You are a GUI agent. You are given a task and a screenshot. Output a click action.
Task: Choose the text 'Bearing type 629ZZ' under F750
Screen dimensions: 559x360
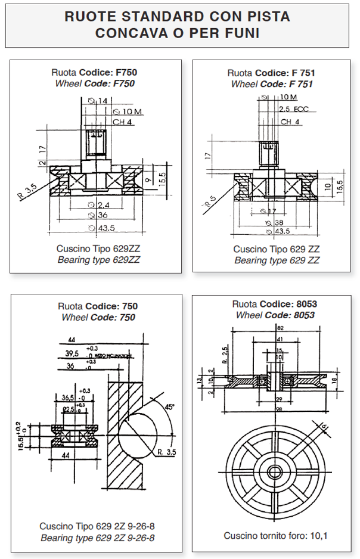click(x=98, y=260)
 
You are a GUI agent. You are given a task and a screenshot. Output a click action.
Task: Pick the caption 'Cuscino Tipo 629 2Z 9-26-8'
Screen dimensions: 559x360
click(x=97, y=526)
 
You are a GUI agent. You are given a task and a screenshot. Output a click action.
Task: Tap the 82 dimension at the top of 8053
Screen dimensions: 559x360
click(x=280, y=328)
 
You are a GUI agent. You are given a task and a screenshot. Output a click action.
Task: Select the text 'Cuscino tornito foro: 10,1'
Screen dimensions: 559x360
click(x=275, y=535)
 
